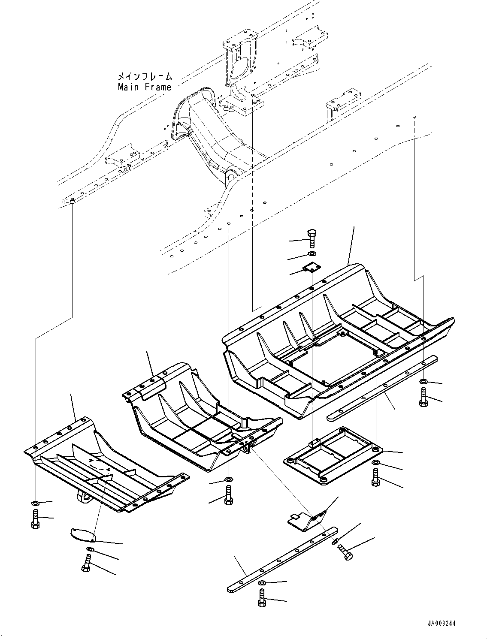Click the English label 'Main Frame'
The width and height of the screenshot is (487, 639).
tap(145, 87)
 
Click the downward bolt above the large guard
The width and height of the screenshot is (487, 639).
tap(312, 238)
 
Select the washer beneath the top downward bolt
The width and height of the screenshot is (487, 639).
tap(312, 255)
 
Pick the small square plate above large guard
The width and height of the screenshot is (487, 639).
tap(312, 268)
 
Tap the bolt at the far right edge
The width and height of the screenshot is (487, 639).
tap(423, 397)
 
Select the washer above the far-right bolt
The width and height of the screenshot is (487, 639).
tap(423, 381)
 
